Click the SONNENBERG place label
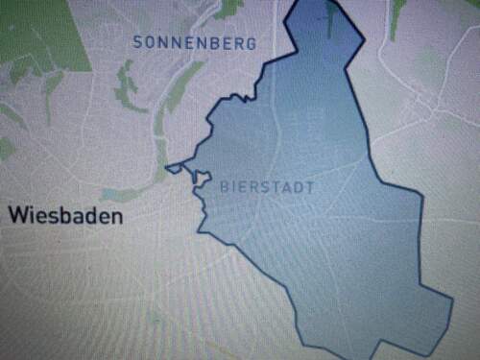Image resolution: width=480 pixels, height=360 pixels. point(194,43)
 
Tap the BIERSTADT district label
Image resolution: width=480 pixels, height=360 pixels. point(266,186)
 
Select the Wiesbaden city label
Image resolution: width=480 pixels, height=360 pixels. point(66,216)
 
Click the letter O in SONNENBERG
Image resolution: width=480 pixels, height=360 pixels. point(152,43)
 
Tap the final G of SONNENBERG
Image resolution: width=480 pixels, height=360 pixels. point(251,43)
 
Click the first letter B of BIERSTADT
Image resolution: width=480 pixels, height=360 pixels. point(225,186)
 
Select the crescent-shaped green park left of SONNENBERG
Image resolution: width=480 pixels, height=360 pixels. point(125,86)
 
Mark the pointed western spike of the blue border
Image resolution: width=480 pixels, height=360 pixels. point(167,169)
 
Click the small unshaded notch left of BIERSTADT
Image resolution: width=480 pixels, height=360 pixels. point(203,179)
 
